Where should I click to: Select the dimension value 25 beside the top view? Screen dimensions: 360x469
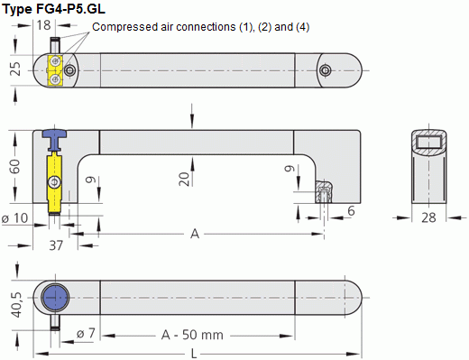pos(15,69)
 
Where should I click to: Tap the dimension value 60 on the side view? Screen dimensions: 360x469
pos(15,169)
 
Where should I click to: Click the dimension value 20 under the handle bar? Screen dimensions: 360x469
pos(184,177)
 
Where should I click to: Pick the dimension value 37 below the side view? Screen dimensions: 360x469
pos(55,245)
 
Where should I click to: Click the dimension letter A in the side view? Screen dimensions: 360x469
pos(194,234)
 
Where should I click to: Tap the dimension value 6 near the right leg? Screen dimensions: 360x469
pos(350,210)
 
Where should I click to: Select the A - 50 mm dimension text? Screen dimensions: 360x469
pos(191,334)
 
